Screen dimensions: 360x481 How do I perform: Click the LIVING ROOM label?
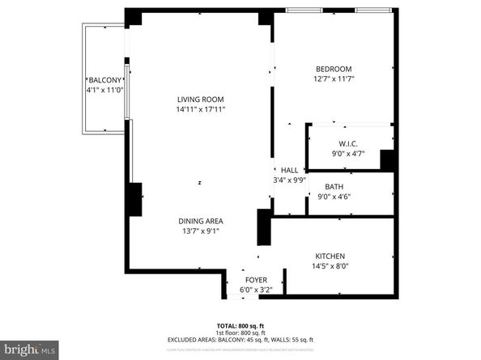click(201, 100)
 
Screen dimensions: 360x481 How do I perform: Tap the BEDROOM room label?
click(334, 68)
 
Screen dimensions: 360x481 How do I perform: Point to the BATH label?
click(334, 186)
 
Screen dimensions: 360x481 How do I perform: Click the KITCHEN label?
click(330, 254)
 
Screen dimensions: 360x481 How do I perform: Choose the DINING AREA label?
click(201, 221)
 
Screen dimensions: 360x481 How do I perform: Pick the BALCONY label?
click(104, 80)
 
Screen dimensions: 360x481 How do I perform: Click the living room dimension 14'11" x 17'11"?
click(201, 109)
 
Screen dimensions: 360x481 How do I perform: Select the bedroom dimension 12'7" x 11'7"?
click(334, 78)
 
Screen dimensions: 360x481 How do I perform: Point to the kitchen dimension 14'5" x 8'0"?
click(330, 265)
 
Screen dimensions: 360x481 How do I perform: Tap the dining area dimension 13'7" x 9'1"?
click(201, 231)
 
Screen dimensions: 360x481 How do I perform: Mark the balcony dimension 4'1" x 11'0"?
click(104, 90)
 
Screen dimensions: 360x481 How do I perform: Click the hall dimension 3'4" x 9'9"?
click(290, 180)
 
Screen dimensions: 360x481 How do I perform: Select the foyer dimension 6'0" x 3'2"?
click(256, 289)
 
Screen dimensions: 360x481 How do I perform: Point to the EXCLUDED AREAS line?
click(240, 340)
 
